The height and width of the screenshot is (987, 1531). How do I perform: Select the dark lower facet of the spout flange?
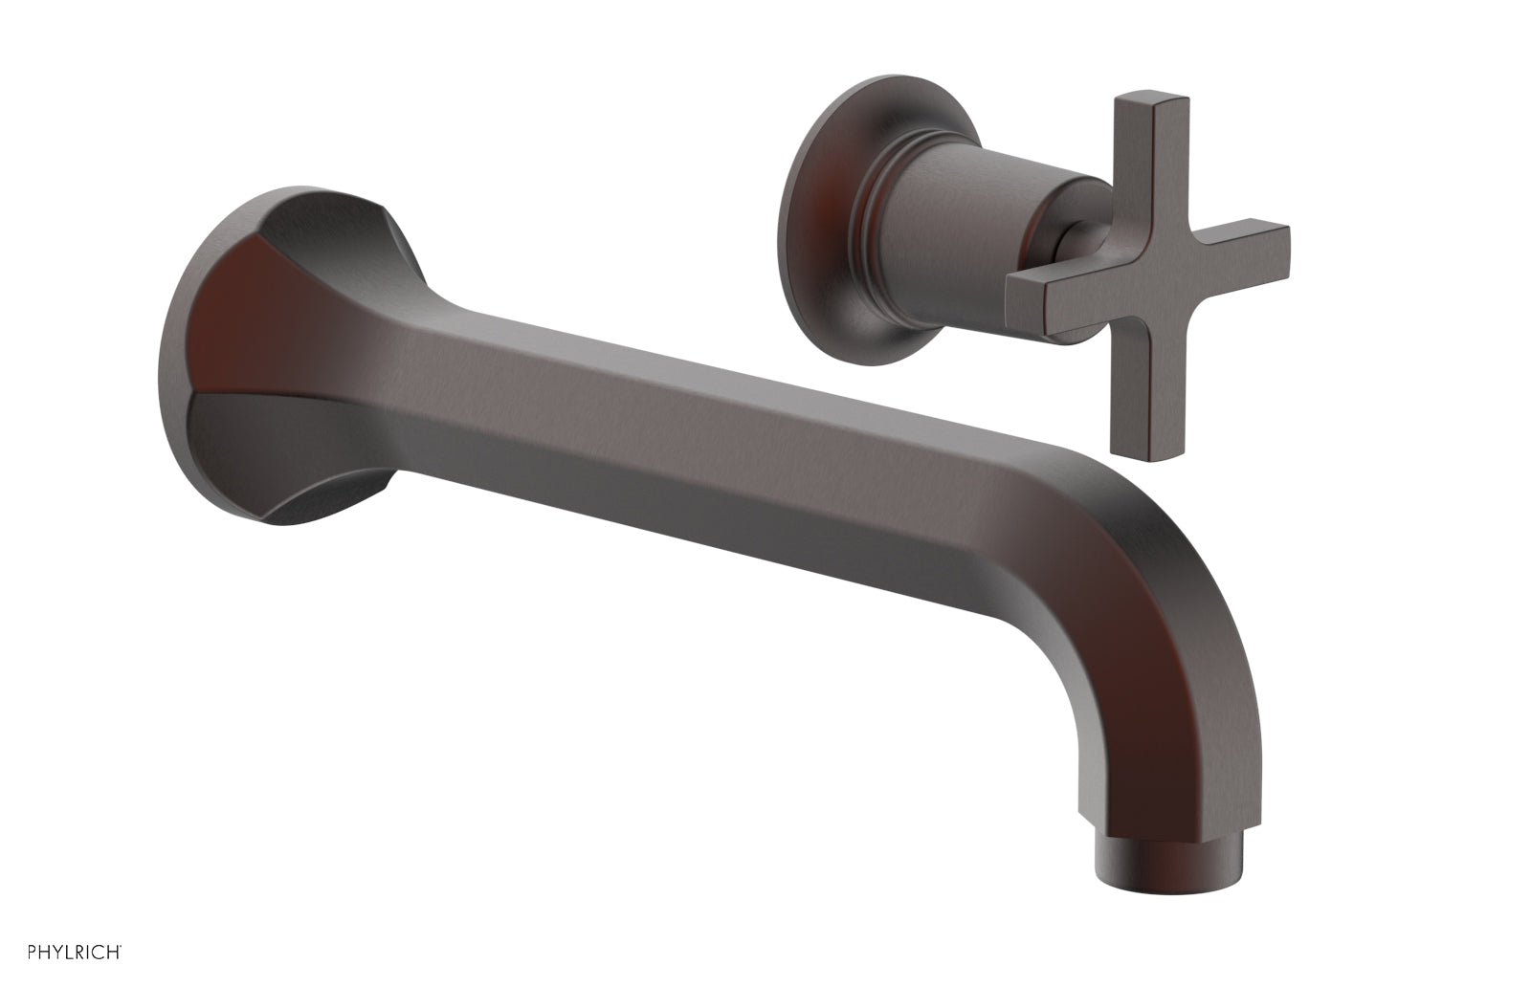277,450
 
